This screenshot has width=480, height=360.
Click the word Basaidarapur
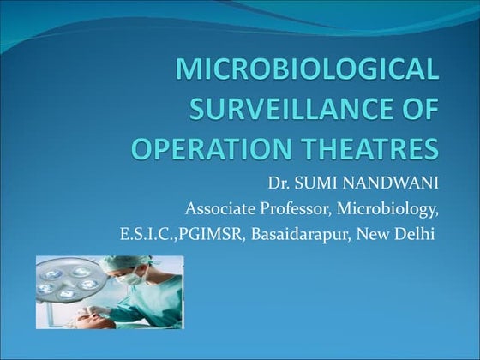coord(297,233)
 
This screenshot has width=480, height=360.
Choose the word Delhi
coord(412,233)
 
